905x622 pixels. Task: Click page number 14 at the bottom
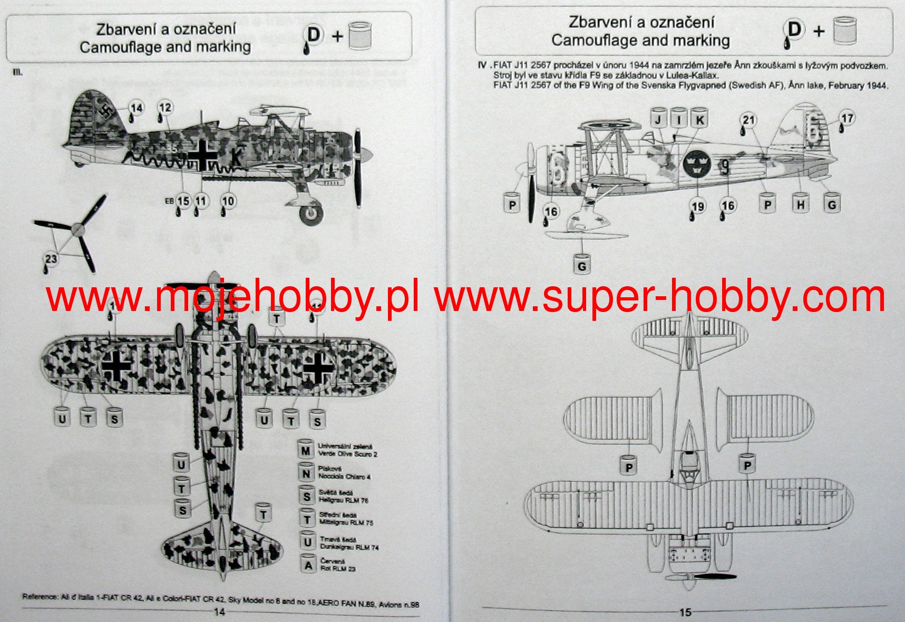(x=219, y=611)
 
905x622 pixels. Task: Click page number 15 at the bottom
(x=685, y=613)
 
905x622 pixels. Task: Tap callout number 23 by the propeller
(x=51, y=259)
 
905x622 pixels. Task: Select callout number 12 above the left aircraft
(x=165, y=108)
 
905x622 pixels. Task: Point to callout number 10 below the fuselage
(x=228, y=201)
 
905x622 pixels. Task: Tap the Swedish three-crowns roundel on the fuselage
(x=697, y=164)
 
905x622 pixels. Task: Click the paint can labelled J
(x=658, y=119)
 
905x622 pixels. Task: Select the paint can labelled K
(x=699, y=119)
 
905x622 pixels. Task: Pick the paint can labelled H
(x=800, y=203)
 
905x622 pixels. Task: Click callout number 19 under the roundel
(x=698, y=207)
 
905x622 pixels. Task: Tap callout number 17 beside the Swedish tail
(x=846, y=119)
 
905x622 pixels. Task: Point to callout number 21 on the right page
(x=748, y=120)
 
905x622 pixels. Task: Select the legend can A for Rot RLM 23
(x=308, y=565)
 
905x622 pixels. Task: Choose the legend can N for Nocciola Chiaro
(x=306, y=473)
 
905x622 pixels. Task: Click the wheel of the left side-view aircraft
(x=311, y=212)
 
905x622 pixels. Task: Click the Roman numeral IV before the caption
(x=482, y=66)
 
